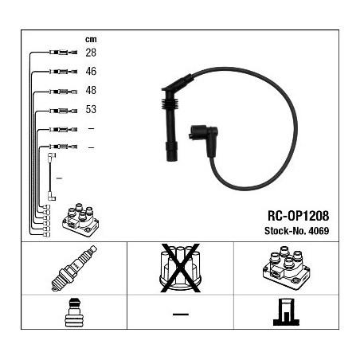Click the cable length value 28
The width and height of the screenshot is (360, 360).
pos(91,53)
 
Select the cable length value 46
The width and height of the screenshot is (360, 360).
pos(91,71)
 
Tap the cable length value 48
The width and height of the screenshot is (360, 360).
pos(91,90)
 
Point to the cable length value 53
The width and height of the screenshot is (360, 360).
pos(91,109)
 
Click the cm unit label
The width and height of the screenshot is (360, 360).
pos(91,40)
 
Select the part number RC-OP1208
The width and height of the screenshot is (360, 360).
pos(298,216)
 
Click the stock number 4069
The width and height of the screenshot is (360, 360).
pos(319,231)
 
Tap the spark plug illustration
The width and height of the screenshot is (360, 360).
pos(74,268)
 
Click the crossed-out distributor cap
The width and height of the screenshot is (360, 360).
pos(180,268)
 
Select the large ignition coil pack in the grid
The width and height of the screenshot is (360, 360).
pos(286,268)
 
